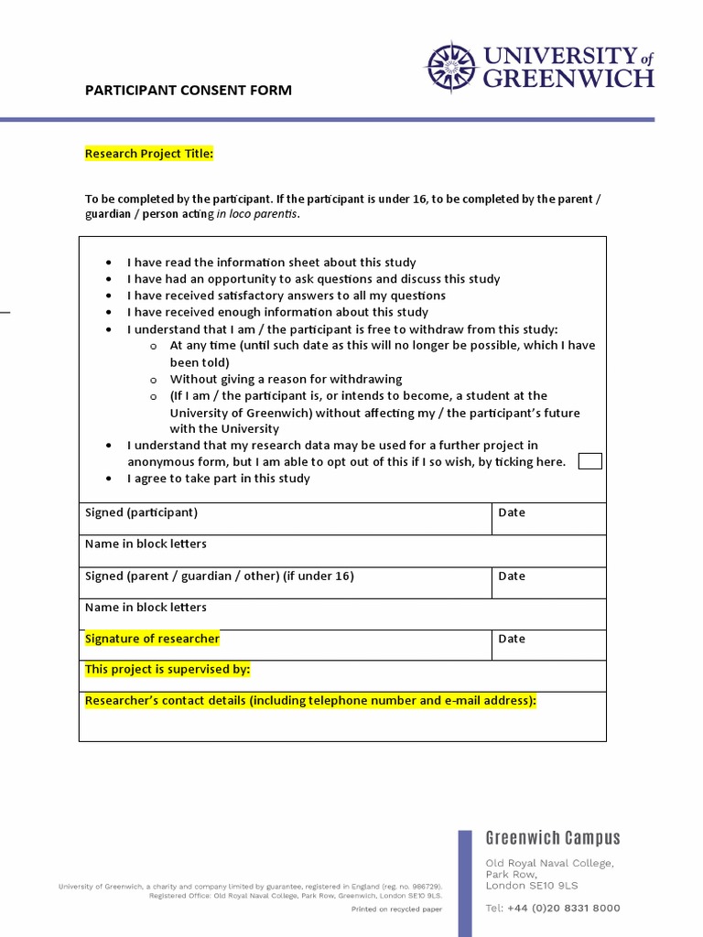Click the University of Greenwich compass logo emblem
tap(450, 68)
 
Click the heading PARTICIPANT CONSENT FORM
tap(189, 90)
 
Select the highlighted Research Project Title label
tap(149, 154)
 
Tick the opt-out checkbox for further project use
tap(590, 461)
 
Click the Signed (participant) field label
tap(141, 512)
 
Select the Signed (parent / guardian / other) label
tap(219, 576)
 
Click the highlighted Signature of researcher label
tap(152, 639)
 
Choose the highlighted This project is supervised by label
tap(168, 670)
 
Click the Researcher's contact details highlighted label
tap(310, 701)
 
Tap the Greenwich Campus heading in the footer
tap(552, 838)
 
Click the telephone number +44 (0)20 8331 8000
tap(552, 909)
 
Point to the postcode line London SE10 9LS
tap(531, 886)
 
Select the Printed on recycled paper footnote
tap(396, 910)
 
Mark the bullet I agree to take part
tap(218, 479)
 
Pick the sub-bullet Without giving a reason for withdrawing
tap(286, 379)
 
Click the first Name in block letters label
tap(146, 544)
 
